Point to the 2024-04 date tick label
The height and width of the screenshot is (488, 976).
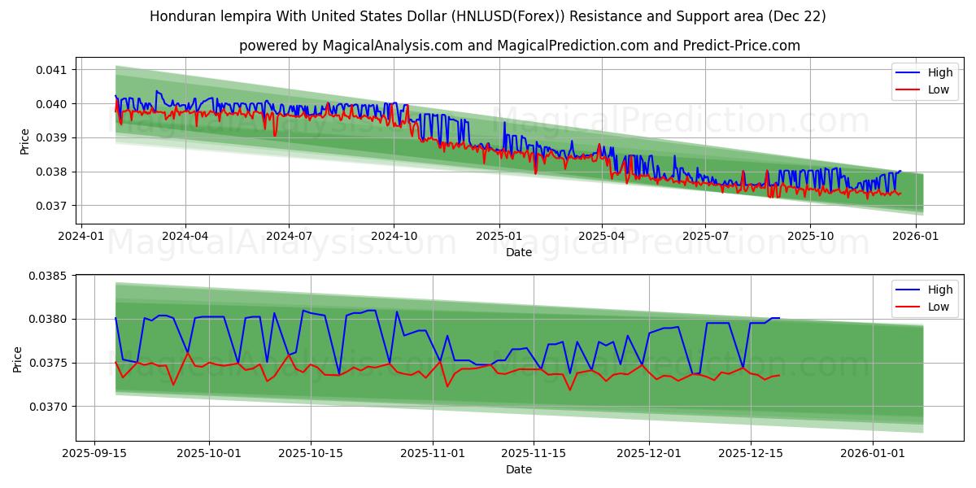[x=185, y=236]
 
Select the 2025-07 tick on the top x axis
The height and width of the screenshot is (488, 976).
[x=704, y=236]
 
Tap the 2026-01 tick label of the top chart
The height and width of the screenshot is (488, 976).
[x=915, y=236]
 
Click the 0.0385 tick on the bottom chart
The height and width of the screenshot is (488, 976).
[x=50, y=276]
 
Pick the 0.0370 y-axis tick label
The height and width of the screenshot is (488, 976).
[x=50, y=407]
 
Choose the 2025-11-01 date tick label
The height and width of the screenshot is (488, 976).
[x=433, y=453]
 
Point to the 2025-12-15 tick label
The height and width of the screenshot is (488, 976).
[x=748, y=453]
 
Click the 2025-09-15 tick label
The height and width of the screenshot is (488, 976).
[x=95, y=453]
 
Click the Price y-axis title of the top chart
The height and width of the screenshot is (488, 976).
[x=25, y=142]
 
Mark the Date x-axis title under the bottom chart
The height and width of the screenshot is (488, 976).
[x=519, y=469]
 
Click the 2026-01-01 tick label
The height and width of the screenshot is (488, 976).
[x=873, y=453]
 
